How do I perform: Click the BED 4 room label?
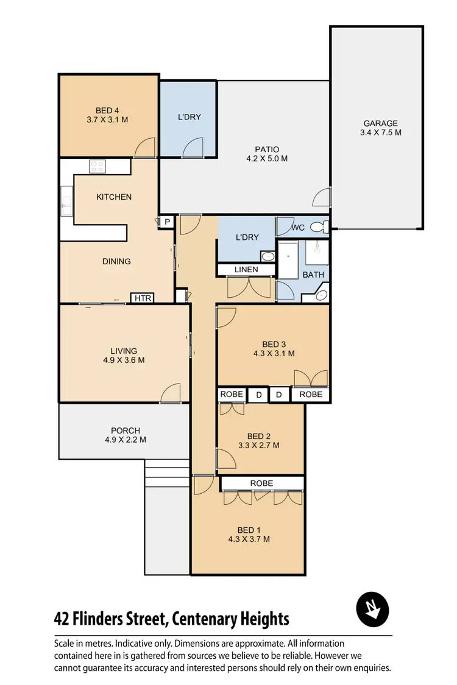(x=107, y=110)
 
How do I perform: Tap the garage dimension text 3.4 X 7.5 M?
(x=381, y=132)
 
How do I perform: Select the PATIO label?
(x=266, y=149)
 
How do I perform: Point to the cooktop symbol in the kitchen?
(x=98, y=166)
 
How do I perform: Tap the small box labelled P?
(x=166, y=223)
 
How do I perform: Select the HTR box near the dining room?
(x=142, y=298)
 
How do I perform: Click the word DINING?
(x=116, y=261)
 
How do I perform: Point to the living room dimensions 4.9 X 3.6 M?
(x=124, y=360)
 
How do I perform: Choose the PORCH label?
(x=125, y=430)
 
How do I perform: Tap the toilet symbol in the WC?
(x=319, y=227)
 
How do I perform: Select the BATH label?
(x=314, y=275)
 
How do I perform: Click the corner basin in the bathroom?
(x=321, y=295)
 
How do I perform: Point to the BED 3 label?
(x=274, y=344)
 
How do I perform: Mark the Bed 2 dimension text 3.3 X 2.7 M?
(x=259, y=445)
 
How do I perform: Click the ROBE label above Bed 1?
(x=262, y=483)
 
